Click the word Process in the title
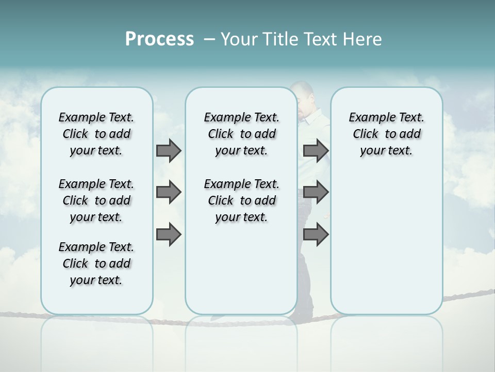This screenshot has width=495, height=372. (159, 39)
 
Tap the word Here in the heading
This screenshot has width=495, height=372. (363, 39)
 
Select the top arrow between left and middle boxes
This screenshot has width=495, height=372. (169, 151)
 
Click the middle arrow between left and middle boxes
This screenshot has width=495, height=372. (169, 192)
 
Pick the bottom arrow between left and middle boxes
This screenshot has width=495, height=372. (169, 234)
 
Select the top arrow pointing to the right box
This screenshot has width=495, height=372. (316, 151)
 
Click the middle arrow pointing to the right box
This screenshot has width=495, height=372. (316, 192)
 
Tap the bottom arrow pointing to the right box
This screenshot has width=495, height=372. (316, 234)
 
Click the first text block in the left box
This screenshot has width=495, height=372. (96, 134)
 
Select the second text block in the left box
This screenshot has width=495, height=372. (96, 200)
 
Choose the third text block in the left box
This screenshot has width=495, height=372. (96, 263)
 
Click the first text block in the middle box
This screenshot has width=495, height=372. (241, 134)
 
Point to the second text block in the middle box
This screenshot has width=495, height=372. (241, 200)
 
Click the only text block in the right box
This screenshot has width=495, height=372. (386, 134)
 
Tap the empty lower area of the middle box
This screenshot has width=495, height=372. (241, 269)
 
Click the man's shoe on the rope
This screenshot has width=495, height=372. (301, 312)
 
